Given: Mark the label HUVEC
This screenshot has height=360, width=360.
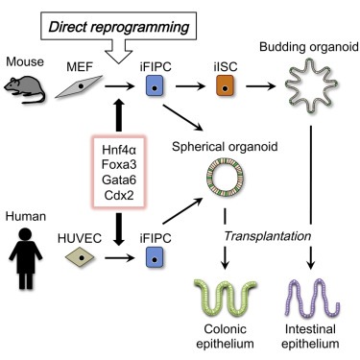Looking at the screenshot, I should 92,230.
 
